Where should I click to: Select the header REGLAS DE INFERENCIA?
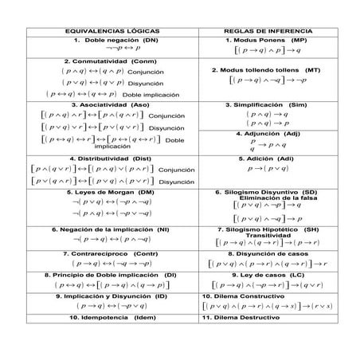(268, 31)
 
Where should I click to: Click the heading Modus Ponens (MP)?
(268, 40)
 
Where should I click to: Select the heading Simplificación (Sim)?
(267, 104)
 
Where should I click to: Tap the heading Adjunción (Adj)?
(268, 133)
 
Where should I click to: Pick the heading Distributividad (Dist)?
(111, 158)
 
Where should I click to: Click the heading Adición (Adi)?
(267, 158)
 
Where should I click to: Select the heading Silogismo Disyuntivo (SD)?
(268, 192)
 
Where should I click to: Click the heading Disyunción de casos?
(268, 253)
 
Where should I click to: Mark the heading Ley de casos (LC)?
(268, 275)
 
